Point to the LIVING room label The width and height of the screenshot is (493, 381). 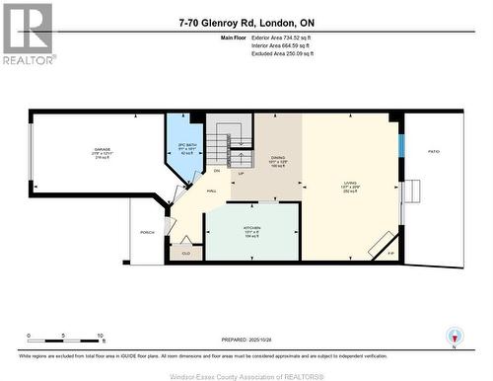pos(350,185)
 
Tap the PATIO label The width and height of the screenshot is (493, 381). pos(433,151)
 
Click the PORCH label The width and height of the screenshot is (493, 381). pos(147,233)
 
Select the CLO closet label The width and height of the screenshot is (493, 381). pos(185,253)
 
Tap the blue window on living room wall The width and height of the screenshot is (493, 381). pos(400,143)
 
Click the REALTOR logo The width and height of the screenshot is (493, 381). pos(28,34)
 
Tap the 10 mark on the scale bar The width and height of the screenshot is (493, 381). pos(100,336)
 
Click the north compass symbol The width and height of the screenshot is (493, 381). pos(453,336)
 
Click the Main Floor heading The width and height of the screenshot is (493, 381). pos(205,37)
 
